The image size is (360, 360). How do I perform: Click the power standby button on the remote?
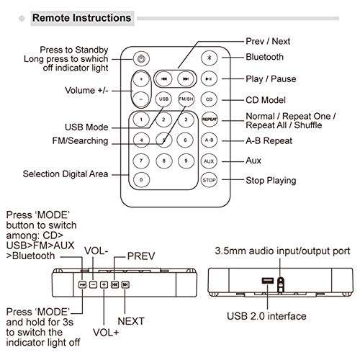(x=142, y=58)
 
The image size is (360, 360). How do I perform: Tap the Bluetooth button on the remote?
(x=210, y=58)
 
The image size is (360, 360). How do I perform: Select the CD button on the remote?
(x=210, y=99)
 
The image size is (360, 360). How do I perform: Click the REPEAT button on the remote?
(x=210, y=120)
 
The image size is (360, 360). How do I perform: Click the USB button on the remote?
(x=164, y=99)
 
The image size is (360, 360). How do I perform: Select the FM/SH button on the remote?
(x=186, y=99)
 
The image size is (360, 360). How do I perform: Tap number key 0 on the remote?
(x=142, y=179)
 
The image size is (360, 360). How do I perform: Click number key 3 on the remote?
(x=186, y=120)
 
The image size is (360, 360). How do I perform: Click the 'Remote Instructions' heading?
(x=81, y=18)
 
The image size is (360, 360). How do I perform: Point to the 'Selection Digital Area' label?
(x=66, y=174)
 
